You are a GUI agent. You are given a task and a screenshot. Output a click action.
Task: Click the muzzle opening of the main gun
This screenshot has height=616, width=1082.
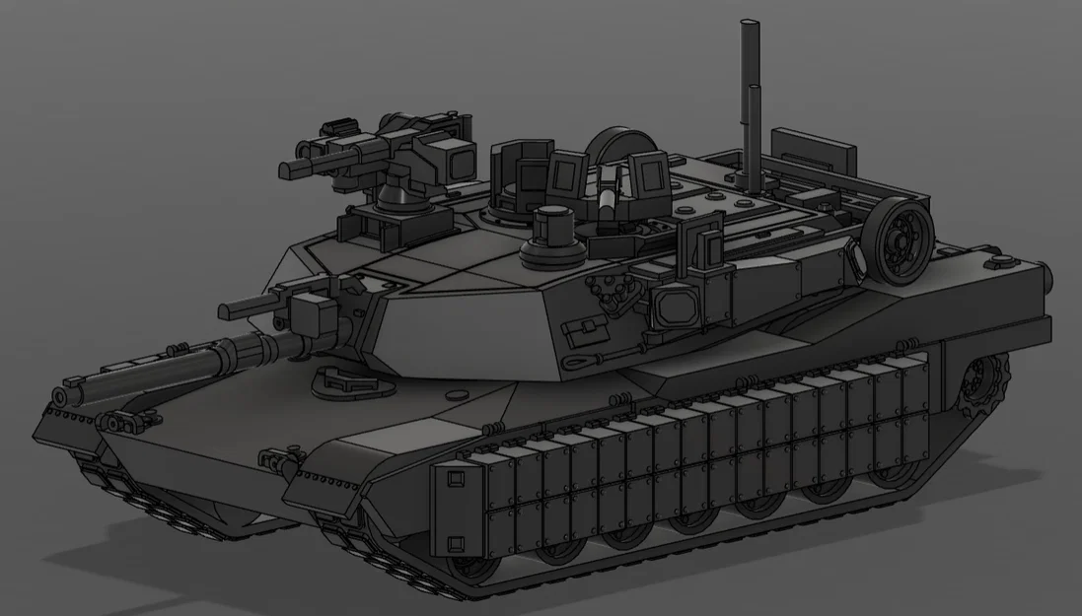tap(60, 397)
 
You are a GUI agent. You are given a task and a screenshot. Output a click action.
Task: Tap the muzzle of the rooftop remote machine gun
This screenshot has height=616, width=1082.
tap(287, 170)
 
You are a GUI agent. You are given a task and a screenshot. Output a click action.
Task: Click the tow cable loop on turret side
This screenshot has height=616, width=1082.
tap(578, 364)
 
